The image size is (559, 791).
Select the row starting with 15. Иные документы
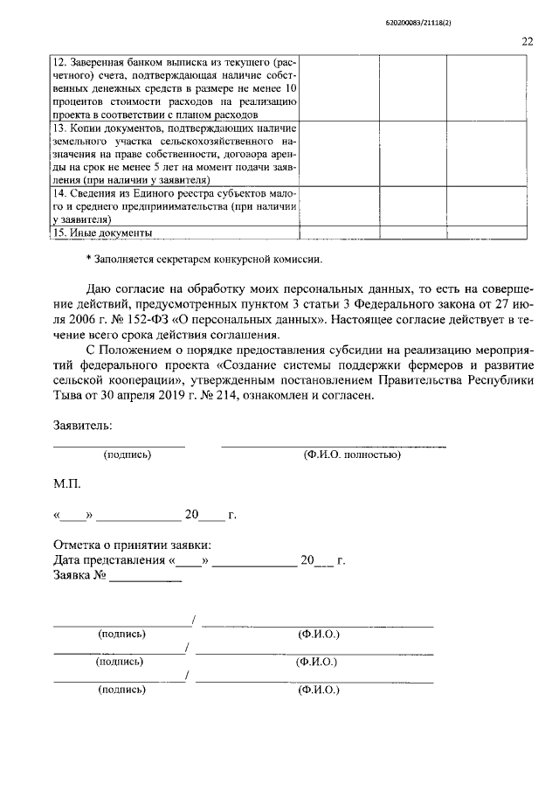[x=103, y=232]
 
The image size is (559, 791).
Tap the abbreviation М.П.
[x=68, y=483]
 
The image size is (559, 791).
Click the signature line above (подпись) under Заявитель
[x=119, y=446]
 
